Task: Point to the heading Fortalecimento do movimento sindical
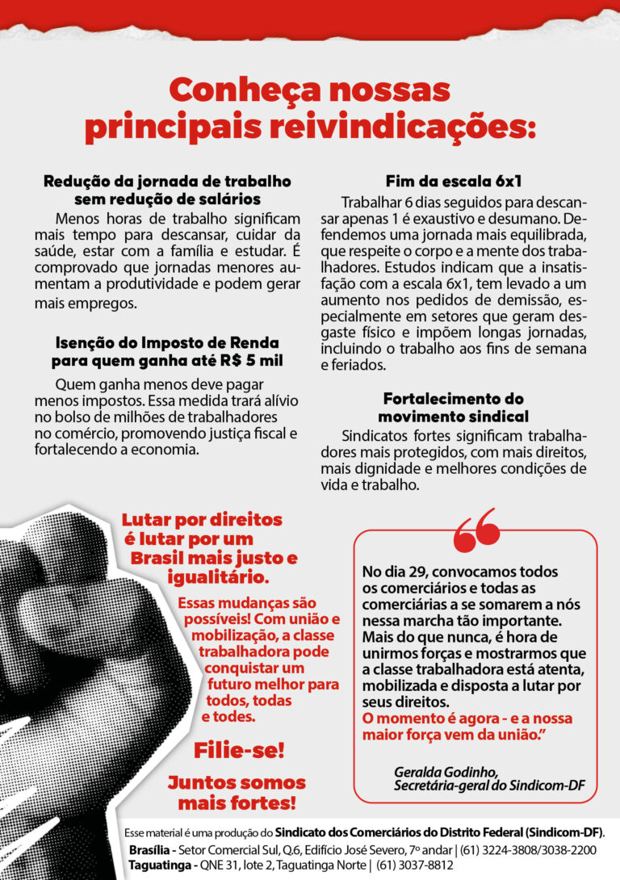point(453,408)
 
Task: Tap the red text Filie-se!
point(239,750)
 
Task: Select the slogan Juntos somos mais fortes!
point(237,793)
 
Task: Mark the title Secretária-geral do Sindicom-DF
point(489,786)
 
